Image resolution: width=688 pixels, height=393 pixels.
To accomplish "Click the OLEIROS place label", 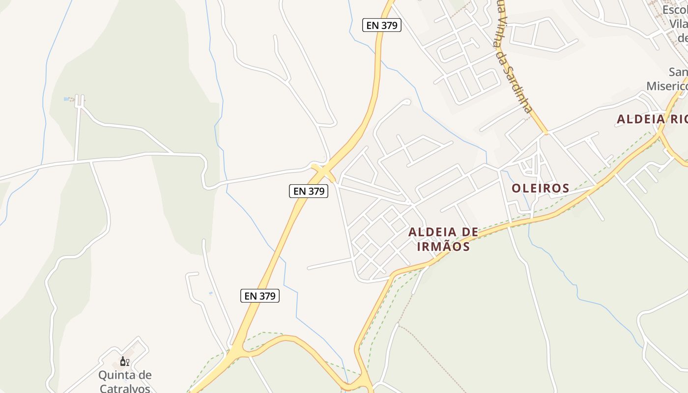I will click(x=540, y=188).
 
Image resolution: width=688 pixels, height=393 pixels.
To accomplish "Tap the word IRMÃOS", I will click(x=443, y=246).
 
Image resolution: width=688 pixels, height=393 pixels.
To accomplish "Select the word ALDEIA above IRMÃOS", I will click(x=429, y=232).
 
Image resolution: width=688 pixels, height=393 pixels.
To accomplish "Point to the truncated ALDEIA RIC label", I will click(x=652, y=119).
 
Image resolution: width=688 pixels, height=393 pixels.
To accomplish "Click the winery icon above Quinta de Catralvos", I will click(x=124, y=362).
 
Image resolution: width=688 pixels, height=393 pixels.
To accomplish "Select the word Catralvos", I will click(x=125, y=388).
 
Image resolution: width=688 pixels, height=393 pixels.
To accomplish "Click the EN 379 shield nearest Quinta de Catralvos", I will click(x=259, y=296).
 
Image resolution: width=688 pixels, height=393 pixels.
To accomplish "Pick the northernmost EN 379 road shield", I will click(x=382, y=25).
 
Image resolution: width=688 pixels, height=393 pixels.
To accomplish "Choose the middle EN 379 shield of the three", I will click(x=308, y=191).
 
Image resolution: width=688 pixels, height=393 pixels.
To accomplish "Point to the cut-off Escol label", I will click(x=674, y=10).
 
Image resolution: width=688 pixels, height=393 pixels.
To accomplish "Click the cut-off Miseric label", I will click(x=666, y=86).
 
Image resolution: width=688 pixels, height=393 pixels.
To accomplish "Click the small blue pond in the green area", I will click(x=66, y=99).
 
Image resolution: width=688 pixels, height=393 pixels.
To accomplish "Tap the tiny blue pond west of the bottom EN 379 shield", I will click(x=211, y=293).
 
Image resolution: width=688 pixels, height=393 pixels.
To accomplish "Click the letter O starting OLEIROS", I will click(x=516, y=188).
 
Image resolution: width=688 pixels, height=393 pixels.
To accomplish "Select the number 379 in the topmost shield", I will click(x=388, y=25).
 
